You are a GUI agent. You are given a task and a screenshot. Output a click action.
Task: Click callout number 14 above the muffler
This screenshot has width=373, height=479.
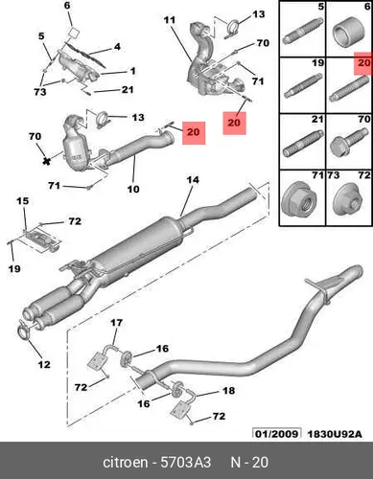tap(193, 180)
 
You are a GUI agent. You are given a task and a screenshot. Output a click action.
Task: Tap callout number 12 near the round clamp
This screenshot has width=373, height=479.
tap(44, 364)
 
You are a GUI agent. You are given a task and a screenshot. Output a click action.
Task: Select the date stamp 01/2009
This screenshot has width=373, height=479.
tap(277, 433)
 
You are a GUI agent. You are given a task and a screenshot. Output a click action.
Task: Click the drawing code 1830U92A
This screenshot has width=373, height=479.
tap(335, 434)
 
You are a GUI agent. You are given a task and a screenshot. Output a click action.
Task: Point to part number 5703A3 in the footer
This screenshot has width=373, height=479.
tap(185, 462)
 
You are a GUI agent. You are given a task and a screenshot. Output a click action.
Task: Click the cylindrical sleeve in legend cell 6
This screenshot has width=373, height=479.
tap(348, 33)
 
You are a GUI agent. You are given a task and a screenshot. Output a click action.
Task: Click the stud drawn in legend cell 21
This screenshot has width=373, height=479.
tap(303, 145)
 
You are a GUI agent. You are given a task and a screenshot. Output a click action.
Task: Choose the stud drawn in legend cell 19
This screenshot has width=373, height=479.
tap(303, 86)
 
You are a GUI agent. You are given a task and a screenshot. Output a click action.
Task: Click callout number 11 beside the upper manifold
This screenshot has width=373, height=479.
tap(170, 20)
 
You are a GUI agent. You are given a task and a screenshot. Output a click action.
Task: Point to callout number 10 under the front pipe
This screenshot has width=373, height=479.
tap(133, 189)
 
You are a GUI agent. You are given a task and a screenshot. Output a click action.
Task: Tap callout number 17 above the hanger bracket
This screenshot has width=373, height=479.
tap(116, 323)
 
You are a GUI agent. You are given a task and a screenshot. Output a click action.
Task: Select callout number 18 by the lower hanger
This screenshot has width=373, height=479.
tap(229, 391)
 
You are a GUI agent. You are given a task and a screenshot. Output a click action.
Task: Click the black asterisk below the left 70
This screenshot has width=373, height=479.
tap(47, 161)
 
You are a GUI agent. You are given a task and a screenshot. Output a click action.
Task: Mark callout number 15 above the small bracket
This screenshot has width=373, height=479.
tap(23, 201)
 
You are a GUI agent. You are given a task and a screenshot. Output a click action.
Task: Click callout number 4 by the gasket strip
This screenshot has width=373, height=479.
tap(118, 47)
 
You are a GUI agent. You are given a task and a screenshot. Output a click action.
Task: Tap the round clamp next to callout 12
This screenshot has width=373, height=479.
tap(25, 331)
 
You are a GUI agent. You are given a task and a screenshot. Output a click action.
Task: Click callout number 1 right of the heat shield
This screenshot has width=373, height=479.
tap(132, 71)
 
